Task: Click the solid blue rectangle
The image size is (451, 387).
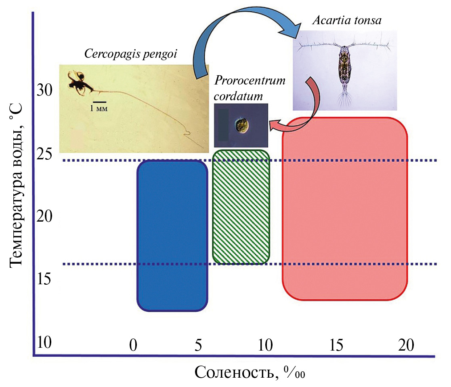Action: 172,235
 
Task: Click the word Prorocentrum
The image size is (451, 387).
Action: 250,80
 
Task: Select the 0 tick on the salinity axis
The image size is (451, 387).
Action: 133,345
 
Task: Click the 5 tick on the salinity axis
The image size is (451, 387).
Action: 198,345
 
